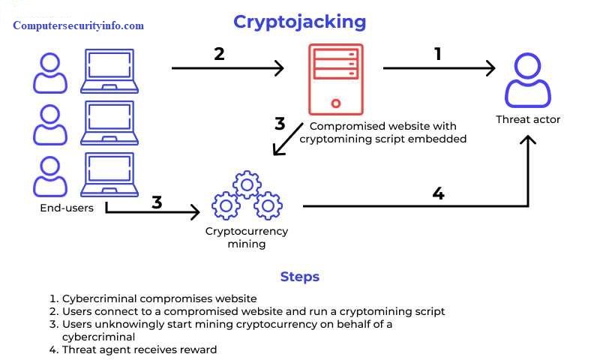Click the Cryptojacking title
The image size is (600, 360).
click(x=299, y=22)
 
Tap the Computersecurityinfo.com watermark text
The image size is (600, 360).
click(x=78, y=25)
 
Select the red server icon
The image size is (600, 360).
click(x=335, y=79)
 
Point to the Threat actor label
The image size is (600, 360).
click(x=528, y=120)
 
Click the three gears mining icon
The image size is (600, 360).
click(x=246, y=196)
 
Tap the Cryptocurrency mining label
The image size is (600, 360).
click(x=246, y=238)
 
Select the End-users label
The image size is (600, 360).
click(x=67, y=208)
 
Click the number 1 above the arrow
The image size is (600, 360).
click(x=438, y=54)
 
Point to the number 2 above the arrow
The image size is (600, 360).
click(x=219, y=54)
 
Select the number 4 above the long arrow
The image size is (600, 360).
click(x=438, y=193)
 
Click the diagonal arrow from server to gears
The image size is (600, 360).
click(x=288, y=139)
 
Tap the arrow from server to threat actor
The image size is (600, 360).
click(x=439, y=69)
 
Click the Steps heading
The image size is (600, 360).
click(x=299, y=277)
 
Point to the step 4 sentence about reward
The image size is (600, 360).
click(x=139, y=349)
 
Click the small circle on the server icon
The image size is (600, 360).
click(x=335, y=103)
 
